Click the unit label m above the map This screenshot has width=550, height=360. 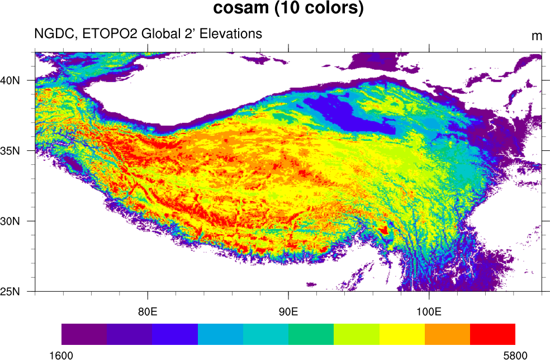pos(537,36)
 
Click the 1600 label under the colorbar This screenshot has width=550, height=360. pos(61,355)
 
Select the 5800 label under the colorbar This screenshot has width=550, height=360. pos(515,355)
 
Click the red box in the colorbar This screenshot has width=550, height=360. pos(492,334)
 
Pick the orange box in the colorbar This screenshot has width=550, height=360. pos(447,334)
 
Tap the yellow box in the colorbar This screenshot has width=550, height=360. pos(402,334)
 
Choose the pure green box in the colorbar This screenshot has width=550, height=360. pos(311,334)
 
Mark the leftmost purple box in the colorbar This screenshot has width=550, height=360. pos(84,334)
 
